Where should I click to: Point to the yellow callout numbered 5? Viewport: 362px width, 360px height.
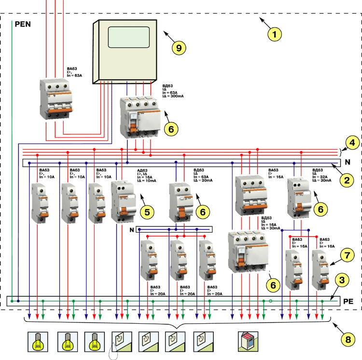[x=147, y=210]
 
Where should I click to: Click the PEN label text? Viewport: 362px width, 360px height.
[x=23, y=24]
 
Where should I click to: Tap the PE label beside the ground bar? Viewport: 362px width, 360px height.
[x=348, y=302]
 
